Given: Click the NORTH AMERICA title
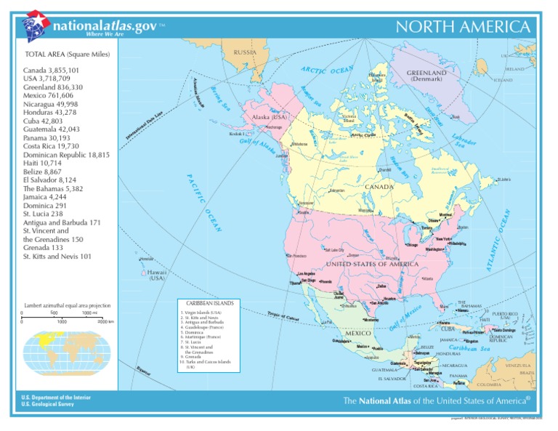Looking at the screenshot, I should click(462, 27).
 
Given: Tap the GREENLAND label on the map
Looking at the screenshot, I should click(426, 73).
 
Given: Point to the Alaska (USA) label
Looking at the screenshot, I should click(270, 117).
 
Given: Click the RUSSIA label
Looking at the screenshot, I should click(246, 52).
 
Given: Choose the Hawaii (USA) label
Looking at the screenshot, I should click(157, 275).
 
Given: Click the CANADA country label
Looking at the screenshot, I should click(379, 187).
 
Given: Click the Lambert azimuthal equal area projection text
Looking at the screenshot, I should click(67, 306).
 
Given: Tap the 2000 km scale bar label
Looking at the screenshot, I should click(106, 321).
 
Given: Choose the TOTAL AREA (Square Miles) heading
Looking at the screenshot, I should click(67, 55).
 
